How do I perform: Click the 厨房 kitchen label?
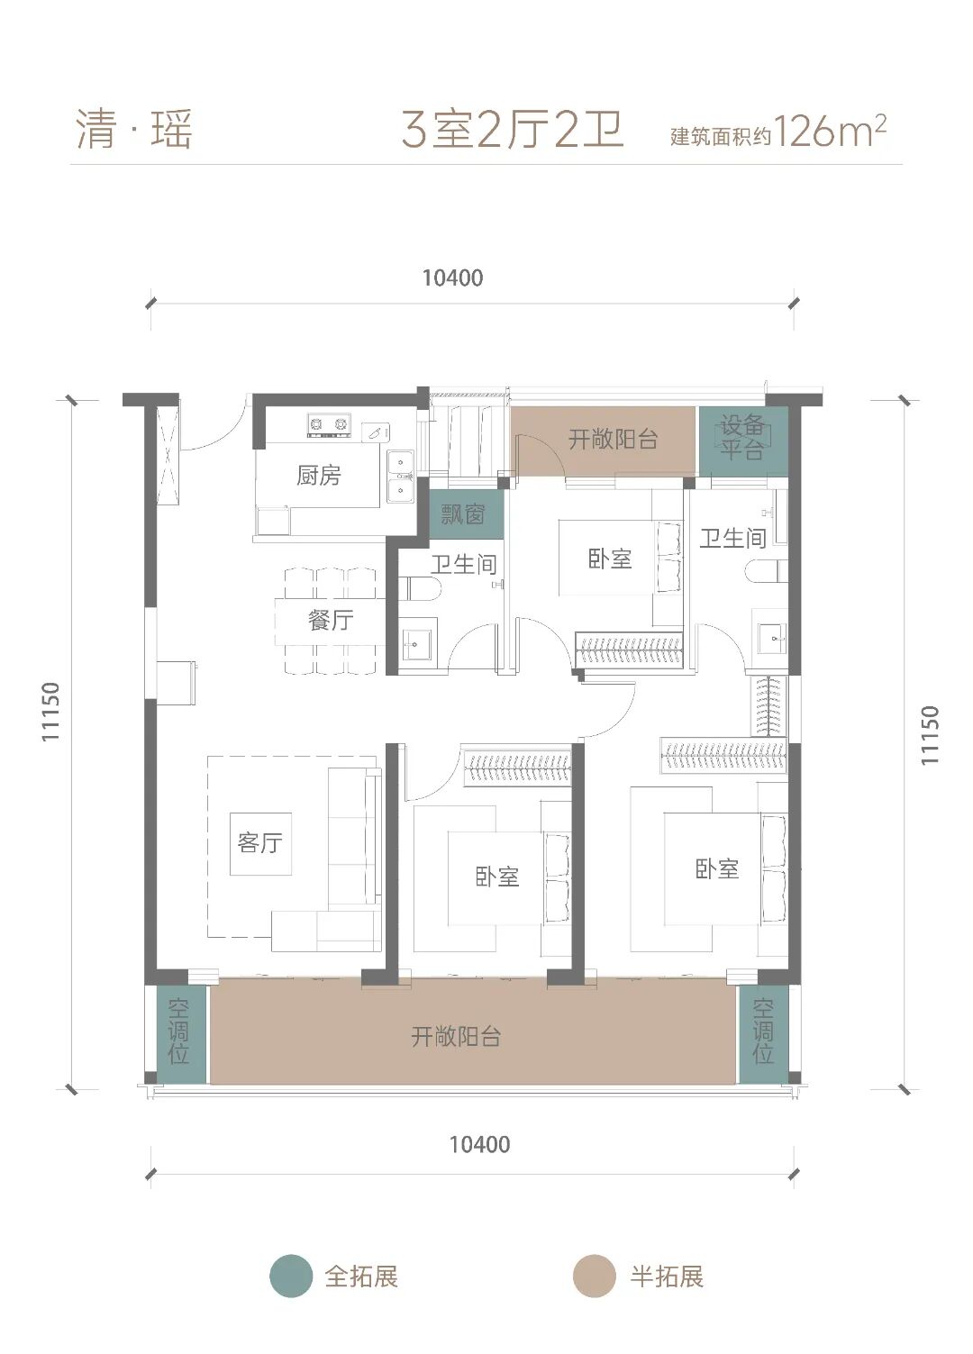(x=319, y=476)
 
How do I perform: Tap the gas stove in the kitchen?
(x=329, y=423)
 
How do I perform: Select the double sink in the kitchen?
(x=400, y=477)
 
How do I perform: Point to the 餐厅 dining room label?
(x=330, y=620)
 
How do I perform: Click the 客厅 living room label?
(x=259, y=842)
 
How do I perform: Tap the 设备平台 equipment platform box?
(x=743, y=441)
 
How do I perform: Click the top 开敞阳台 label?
(x=613, y=440)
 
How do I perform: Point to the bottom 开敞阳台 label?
(x=456, y=1037)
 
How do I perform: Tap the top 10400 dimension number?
(x=452, y=278)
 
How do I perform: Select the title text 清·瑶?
(x=134, y=130)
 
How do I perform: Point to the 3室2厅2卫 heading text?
(x=513, y=130)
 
